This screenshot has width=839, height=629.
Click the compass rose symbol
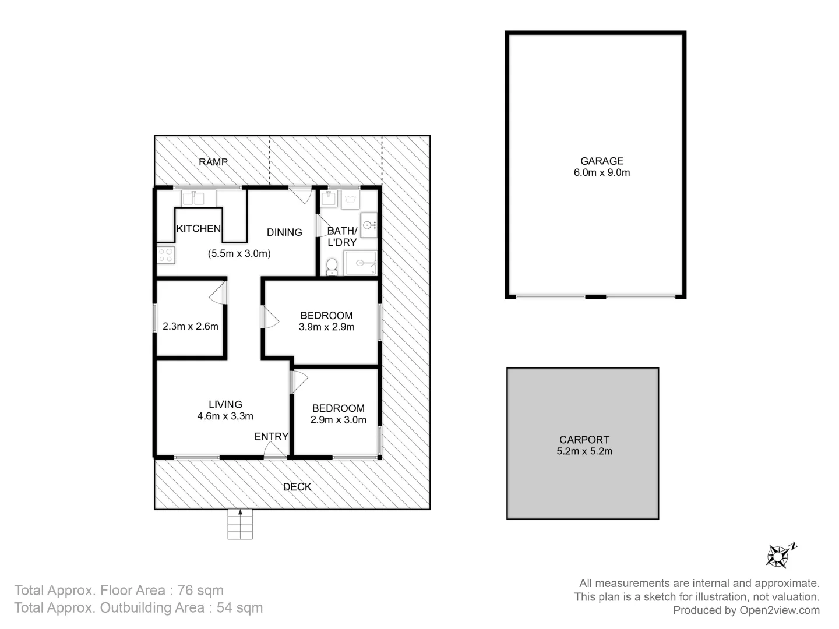(779, 556)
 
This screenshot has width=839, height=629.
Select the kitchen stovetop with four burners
(166, 255)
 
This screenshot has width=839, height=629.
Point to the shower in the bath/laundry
(360, 263)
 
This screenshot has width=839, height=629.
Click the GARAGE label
(601, 161)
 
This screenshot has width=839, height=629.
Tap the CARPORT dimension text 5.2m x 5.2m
(584, 451)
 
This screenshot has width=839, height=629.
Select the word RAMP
(213, 162)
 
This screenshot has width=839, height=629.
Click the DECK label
(297, 487)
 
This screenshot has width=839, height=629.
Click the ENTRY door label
(271, 437)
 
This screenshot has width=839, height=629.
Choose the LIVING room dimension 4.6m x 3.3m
(225, 416)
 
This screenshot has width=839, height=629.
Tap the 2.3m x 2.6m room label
(191, 327)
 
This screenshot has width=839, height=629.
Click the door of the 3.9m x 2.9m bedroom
(270, 317)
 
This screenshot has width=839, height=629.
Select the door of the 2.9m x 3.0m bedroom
(298, 382)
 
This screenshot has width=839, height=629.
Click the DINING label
(284, 232)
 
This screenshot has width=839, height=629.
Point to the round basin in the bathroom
(368, 225)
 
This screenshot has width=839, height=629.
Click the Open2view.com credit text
(780, 610)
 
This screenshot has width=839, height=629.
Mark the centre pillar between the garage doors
(595, 297)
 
